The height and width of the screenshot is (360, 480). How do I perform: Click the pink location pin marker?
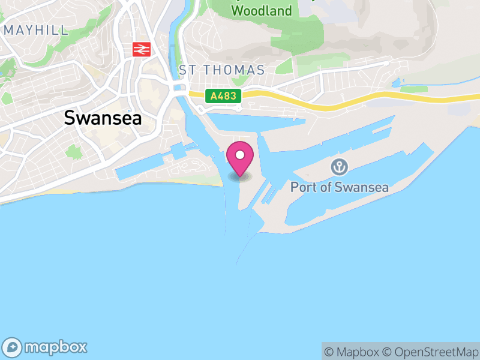point(240,157)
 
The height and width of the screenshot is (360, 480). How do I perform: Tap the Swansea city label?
point(103,118)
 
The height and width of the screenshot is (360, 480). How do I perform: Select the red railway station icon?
point(142,49)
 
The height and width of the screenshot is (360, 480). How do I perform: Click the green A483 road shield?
point(224,95)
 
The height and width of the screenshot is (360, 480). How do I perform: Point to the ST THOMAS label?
point(222,70)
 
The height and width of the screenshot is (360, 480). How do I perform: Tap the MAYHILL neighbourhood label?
point(35,30)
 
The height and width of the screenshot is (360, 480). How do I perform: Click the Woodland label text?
point(262,11)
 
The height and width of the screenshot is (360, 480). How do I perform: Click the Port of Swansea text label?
point(339,187)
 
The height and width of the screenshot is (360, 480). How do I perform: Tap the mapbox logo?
point(45,347)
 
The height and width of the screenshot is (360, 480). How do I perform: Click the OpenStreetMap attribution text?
point(430,352)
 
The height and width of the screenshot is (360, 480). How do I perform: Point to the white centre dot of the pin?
point(240,155)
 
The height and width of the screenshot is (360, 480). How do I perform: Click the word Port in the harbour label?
point(303,187)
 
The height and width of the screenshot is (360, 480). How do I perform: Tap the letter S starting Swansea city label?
point(70,118)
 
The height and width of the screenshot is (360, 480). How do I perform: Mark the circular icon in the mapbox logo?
point(13,347)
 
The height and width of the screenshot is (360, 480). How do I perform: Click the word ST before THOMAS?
point(187,70)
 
